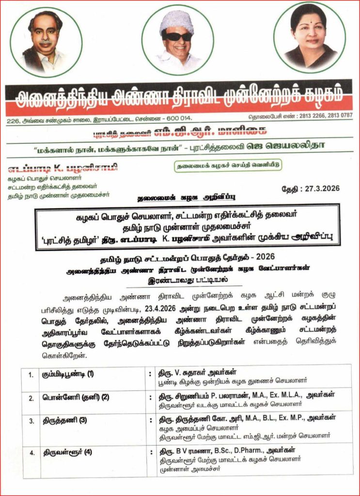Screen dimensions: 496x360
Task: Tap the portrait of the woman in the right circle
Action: click(x=309, y=38)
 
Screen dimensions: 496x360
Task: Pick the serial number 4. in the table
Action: click(x=31, y=453)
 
